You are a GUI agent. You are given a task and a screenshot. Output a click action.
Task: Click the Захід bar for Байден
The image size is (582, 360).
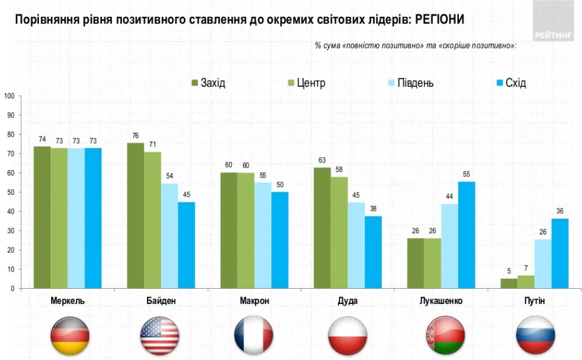[135, 216]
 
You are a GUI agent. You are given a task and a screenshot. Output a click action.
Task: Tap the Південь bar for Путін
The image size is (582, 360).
[542, 264]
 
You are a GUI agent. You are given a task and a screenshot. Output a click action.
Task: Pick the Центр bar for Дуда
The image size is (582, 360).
[339, 233]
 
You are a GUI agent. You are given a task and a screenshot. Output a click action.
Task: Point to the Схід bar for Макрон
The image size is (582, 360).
[280, 240]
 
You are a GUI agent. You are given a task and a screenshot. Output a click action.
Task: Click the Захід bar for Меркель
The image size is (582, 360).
[42, 218]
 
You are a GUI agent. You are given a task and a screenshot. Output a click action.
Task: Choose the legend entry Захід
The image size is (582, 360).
[208, 83]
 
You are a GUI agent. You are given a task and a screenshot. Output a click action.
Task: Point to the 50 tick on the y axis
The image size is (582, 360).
[10, 193]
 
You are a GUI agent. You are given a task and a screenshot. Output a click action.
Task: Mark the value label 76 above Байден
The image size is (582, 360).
[135, 136]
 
